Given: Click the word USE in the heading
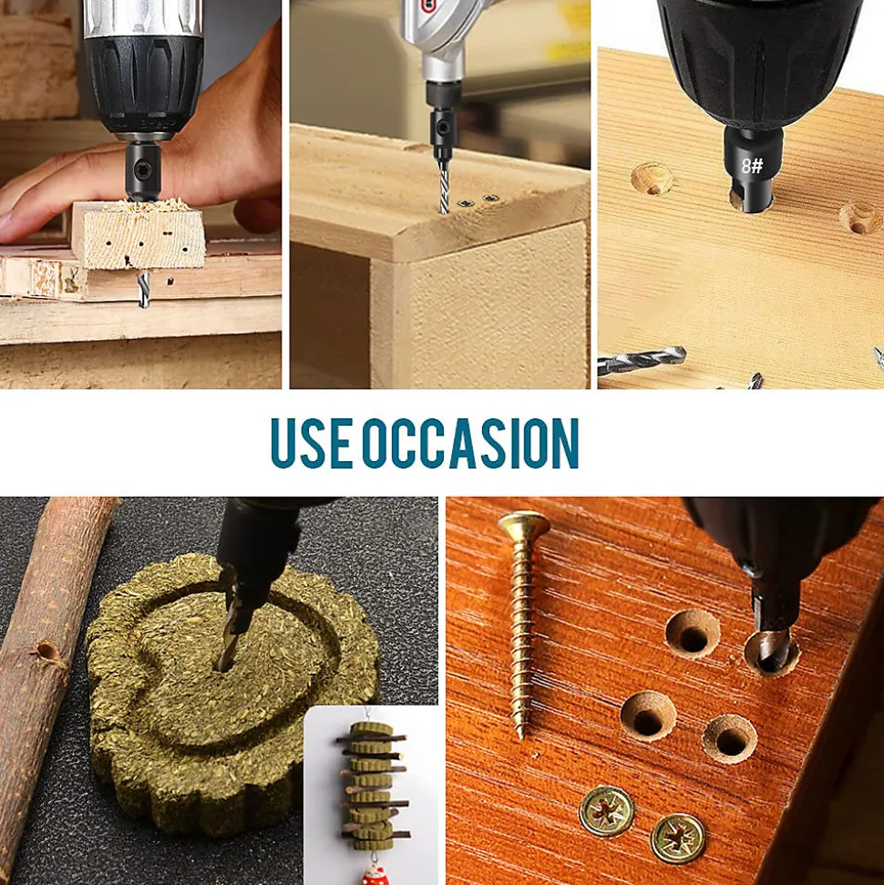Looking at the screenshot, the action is pos(313,443).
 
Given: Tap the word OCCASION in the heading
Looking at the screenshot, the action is pos(471,443).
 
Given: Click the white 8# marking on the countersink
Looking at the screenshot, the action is pos(752,165).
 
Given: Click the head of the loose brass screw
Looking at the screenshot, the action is pos(524,524).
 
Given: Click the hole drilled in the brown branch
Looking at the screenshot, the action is pos(46,652).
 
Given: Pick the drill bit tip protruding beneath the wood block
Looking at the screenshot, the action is pos(144,289).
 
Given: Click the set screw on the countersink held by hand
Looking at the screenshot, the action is pos(143,168).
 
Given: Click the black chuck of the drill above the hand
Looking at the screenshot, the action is pos(144,85).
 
